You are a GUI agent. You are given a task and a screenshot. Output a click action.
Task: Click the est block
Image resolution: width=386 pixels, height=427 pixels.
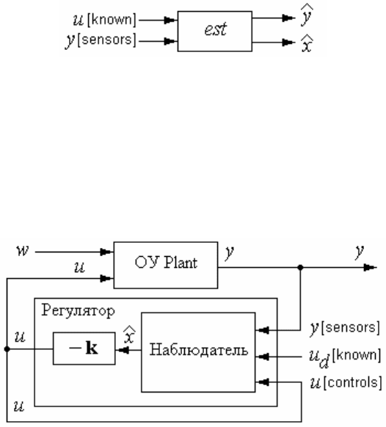215,31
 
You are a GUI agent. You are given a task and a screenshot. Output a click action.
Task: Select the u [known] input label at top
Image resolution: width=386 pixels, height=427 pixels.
104,20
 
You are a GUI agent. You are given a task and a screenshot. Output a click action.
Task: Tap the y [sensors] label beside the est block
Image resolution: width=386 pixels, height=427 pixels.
101,40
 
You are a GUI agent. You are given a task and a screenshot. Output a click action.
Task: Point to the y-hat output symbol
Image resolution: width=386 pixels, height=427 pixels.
307,15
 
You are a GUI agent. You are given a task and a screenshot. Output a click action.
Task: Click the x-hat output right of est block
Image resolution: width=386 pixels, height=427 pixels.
307,43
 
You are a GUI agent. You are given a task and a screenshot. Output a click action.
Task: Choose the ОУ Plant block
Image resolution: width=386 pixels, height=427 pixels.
166,265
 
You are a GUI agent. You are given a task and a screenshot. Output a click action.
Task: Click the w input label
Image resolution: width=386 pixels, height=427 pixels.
22,251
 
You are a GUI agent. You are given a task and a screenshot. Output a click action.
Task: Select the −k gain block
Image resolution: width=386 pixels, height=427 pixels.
84,348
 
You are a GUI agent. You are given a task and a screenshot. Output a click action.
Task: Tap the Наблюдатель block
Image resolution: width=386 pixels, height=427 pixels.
198,352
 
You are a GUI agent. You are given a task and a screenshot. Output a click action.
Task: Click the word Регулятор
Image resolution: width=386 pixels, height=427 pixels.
79,311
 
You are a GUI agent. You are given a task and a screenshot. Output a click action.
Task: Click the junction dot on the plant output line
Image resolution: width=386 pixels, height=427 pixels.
300,267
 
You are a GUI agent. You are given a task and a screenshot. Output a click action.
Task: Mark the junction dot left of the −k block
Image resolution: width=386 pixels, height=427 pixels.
7,348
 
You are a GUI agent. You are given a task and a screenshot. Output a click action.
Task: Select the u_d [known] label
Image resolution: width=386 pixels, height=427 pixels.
345,357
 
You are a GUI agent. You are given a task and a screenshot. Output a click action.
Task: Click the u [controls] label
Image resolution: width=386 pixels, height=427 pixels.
346,382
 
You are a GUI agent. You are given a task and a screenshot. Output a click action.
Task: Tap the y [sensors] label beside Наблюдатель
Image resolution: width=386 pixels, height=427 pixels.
345,328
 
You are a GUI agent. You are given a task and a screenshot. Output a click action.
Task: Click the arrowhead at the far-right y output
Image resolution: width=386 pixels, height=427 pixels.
370,267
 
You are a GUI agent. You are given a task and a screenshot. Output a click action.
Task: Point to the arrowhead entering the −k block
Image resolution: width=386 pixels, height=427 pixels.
122,350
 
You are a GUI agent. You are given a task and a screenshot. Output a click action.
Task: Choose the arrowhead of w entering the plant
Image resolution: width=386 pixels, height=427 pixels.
107,252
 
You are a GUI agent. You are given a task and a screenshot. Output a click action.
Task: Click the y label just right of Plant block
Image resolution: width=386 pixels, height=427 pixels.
230,252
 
